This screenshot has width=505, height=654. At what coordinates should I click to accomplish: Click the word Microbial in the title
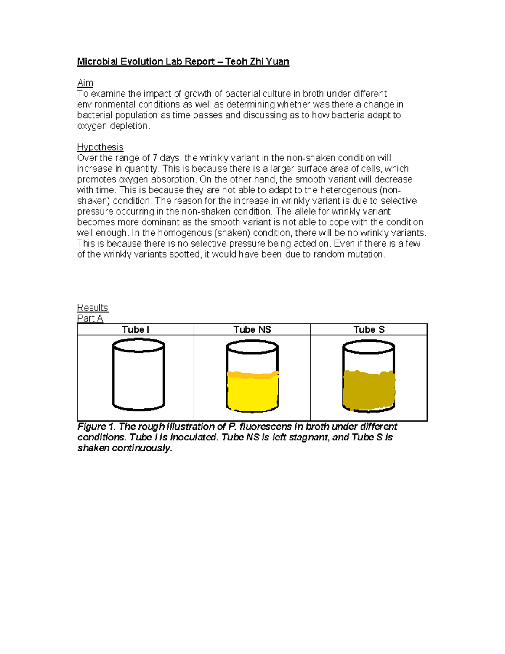[x=97, y=62]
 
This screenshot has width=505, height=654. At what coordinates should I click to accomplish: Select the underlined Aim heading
[x=85, y=83]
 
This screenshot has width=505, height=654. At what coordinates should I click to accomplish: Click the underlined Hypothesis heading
[x=100, y=147]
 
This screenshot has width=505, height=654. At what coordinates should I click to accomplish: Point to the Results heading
[x=93, y=307]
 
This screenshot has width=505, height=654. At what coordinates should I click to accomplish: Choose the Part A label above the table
[x=90, y=318]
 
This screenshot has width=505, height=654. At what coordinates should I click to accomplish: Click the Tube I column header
[x=136, y=330]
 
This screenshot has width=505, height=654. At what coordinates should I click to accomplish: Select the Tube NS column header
[x=252, y=330]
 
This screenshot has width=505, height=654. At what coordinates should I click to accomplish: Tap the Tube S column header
[x=369, y=330]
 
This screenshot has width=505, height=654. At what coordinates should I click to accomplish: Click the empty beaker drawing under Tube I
[x=138, y=375]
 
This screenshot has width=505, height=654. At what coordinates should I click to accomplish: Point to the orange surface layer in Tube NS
[x=252, y=374]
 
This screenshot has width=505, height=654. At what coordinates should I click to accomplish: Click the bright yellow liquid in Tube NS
[x=252, y=394]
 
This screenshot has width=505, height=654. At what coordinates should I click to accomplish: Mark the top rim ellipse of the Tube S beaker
[x=369, y=346]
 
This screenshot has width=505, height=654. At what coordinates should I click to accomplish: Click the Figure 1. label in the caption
[x=96, y=427]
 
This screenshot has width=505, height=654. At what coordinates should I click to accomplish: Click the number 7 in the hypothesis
[x=154, y=158]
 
